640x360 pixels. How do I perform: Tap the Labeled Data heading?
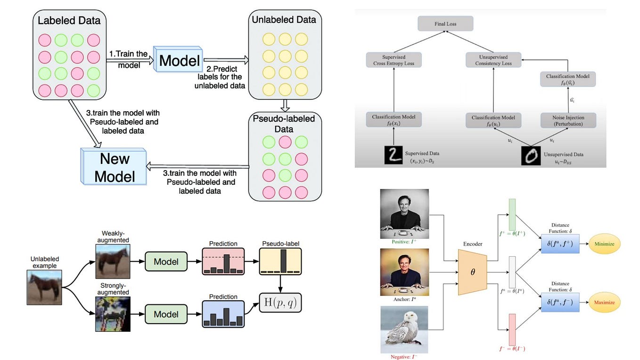[69, 21]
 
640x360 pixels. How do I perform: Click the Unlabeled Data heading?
[284, 19]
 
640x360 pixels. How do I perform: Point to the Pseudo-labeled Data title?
[284, 123]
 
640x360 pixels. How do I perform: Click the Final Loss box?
[445, 24]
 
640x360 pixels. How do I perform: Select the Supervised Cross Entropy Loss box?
[394, 60]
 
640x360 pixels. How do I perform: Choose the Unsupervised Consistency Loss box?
[493, 60]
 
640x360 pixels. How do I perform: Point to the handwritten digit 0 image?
[531, 155]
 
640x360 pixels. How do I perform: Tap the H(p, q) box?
[280, 303]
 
